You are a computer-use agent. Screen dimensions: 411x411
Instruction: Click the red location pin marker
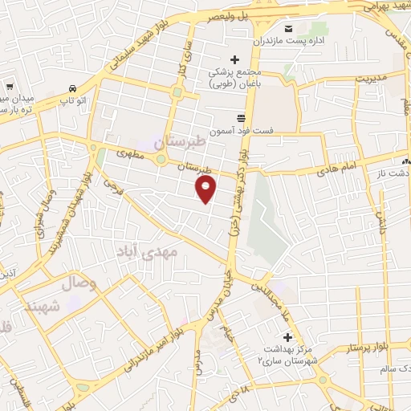tap(206, 189)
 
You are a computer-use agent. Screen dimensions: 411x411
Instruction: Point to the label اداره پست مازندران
tap(295, 40)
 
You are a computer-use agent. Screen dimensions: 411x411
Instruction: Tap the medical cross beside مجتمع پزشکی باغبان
tap(234, 59)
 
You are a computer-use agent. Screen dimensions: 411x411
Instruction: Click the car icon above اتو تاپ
tap(73, 88)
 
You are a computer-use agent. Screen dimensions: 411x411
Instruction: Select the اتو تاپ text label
tap(73, 101)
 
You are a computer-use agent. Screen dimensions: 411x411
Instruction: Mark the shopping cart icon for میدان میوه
tap(10, 85)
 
